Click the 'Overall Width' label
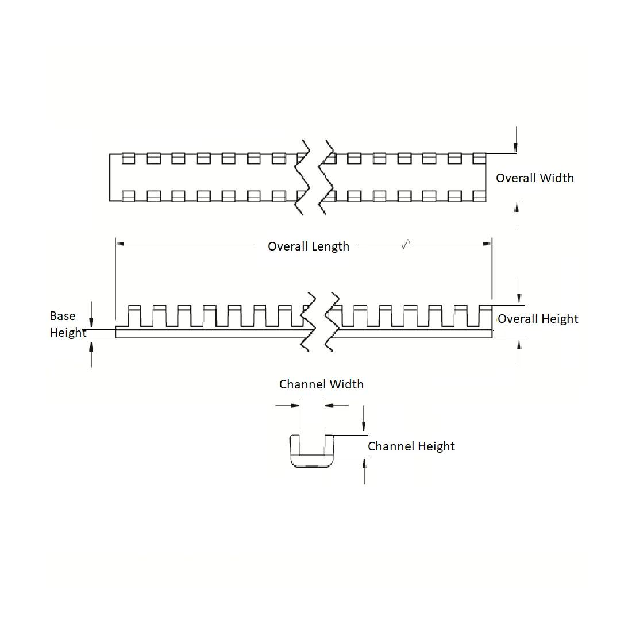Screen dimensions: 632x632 (534, 178)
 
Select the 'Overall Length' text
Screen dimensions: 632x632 (309, 246)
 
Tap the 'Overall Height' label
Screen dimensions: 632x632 (538, 319)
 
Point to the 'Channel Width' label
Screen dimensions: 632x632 (321, 384)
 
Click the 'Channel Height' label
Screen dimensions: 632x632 (411, 446)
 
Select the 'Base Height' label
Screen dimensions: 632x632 (68, 324)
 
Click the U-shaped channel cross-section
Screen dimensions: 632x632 (312, 452)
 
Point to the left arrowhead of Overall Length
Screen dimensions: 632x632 (120, 244)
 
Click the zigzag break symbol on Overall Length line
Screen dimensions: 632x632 (407, 244)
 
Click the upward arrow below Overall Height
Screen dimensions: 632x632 (519, 344)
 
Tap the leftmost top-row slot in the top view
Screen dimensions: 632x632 (128, 157)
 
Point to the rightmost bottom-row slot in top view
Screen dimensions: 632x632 (479, 196)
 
